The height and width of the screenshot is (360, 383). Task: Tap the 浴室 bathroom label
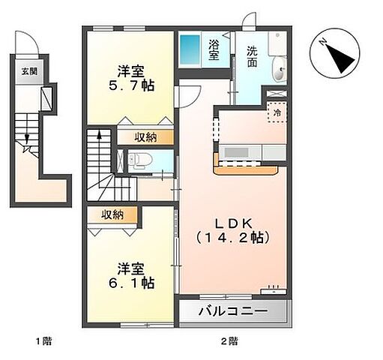(213, 50)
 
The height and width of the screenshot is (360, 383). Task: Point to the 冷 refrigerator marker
(277, 113)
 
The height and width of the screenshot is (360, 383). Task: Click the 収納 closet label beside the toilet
(147, 136)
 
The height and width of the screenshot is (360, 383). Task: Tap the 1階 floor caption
(43, 342)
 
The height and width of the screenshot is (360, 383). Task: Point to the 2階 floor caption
(229, 342)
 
